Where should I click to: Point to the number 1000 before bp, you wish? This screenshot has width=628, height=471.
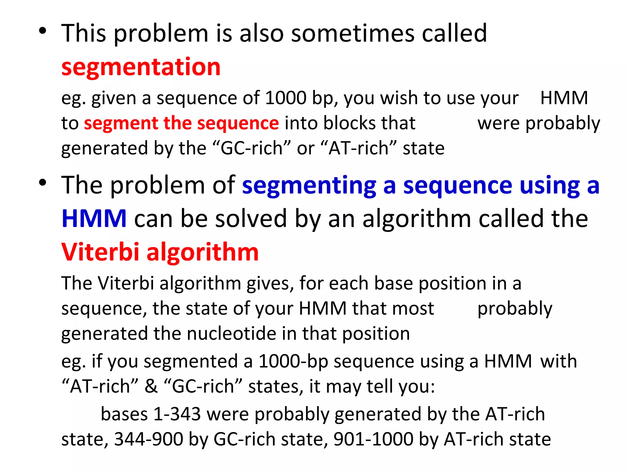point(285,98)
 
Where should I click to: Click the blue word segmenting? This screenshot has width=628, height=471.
point(309,186)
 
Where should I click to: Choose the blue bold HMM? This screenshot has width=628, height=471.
point(94,218)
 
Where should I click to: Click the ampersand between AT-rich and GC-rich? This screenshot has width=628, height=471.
point(151,386)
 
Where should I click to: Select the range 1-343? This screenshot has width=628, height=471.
point(177,414)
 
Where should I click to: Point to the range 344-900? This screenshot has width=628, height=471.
point(148,439)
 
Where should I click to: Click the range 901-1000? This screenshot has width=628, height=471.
point(373,439)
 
